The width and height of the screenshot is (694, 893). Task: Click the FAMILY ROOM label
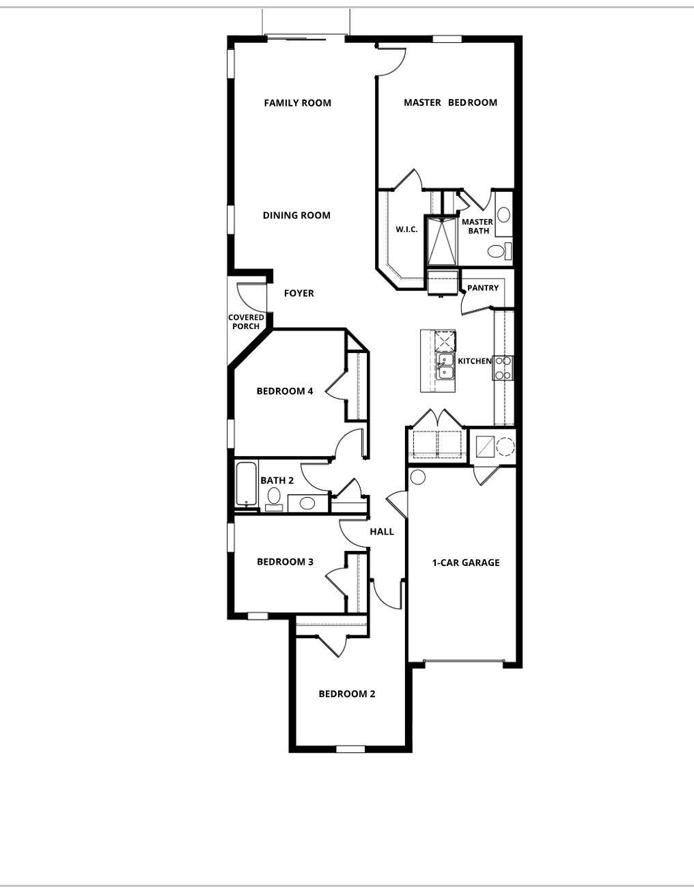click(298, 102)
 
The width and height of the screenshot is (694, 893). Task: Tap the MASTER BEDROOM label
click(450, 102)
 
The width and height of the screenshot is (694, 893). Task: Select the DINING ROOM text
click(296, 215)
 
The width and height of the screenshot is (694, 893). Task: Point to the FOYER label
click(299, 294)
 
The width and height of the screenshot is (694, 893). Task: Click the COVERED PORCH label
click(246, 322)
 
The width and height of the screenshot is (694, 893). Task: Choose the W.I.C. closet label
click(406, 229)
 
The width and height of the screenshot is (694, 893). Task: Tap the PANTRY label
click(483, 288)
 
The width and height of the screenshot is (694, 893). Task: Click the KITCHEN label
click(475, 361)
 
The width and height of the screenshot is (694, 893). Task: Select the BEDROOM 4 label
click(285, 391)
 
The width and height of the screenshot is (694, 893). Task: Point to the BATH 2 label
click(277, 481)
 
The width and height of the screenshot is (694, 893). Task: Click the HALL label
click(382, 532)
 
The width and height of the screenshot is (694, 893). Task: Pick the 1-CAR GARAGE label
click(466, 563)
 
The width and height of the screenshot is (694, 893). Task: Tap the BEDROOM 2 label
click(347, 694)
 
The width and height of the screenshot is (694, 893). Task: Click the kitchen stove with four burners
click(503, 368)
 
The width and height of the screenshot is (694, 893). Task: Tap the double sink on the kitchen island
click(445, 367)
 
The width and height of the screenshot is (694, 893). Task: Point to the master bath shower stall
click(442, 241)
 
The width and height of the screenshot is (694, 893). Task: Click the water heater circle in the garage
click(418, 477)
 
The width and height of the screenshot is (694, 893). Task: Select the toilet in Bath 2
click(273, 498)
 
